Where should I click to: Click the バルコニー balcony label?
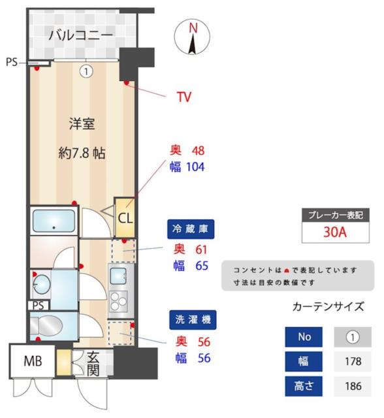point(80,35)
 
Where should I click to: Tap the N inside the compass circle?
point(193,28)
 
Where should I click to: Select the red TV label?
point(184,97)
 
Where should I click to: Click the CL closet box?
point(124,217)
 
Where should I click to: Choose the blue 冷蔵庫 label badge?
point(191,229)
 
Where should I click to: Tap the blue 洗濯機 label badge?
point(192,321)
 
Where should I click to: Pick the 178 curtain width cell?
point(353,361)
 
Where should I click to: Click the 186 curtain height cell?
point(353,385)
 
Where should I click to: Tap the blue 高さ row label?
point(304,385)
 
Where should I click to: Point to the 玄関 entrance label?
point(92,364)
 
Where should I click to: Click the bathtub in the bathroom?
point(54,221)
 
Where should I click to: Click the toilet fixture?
point(47,325)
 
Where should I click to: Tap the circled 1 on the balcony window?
point(86,71)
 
